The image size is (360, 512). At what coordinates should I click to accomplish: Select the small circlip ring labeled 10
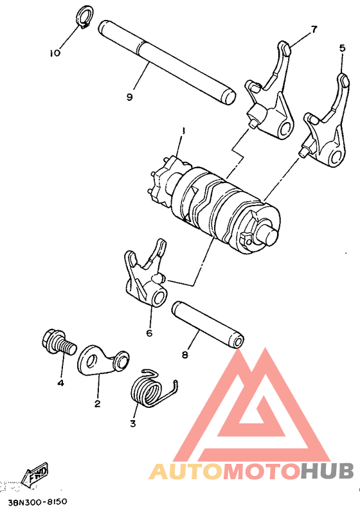84,17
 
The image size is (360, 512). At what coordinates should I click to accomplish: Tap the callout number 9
129,96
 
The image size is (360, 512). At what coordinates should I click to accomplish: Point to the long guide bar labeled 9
167,63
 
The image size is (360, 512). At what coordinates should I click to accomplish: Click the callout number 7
314,30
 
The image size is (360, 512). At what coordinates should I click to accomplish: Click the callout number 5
342,48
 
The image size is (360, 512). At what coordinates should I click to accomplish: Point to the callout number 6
148,333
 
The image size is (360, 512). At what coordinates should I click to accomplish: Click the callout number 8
185,353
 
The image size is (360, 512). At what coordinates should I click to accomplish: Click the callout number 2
98,403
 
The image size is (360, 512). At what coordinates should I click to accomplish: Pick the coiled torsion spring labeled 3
149,388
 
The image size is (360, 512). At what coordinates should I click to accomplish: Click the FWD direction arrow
35,475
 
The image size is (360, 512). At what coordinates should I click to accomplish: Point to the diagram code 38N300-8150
38,500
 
